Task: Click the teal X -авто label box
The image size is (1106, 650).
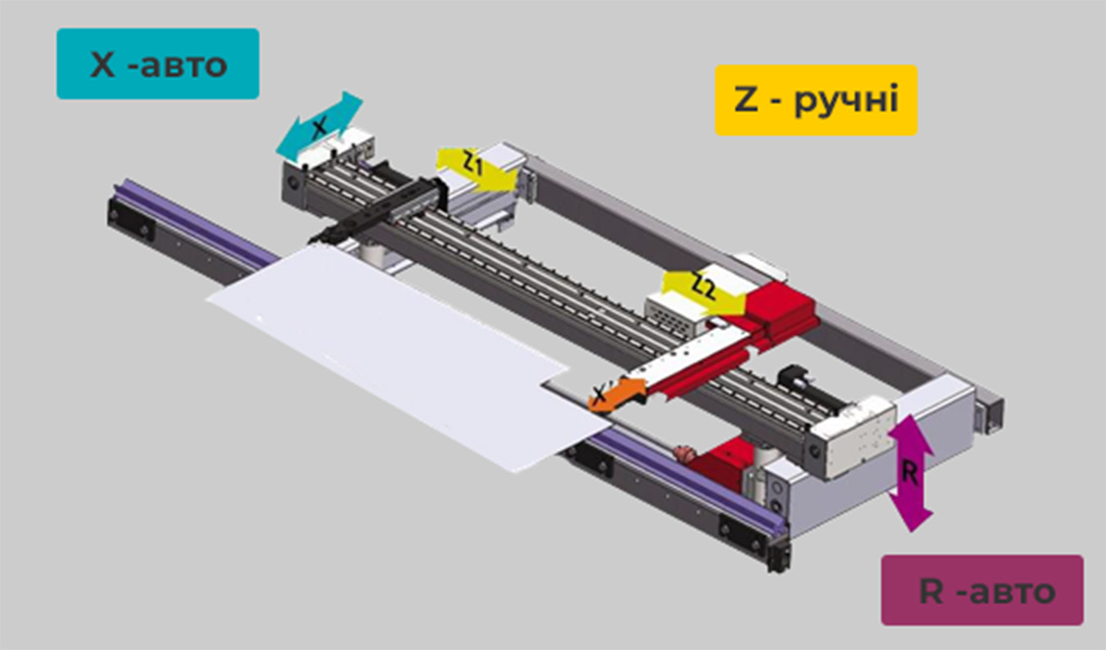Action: (157, 64)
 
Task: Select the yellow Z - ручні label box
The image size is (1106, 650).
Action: (815, 100)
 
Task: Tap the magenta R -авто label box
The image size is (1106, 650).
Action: (981, 589)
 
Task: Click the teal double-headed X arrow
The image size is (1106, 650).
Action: (319, 125)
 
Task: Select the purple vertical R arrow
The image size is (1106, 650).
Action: (911, 472)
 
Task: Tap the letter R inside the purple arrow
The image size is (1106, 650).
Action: (909, 472)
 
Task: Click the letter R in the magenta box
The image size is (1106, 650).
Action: (931, 590)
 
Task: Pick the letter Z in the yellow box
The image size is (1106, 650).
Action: (746, 100)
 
